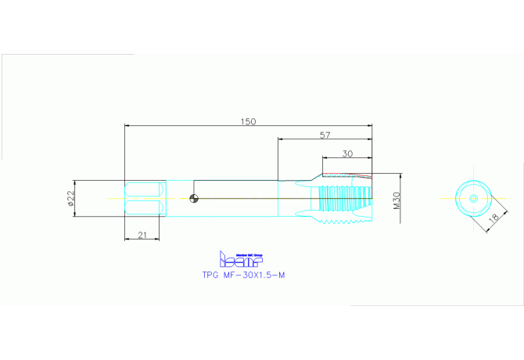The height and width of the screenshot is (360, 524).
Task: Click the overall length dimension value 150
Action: (x=248, y=121)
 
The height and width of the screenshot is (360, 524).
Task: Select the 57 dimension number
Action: (x=325, y=135)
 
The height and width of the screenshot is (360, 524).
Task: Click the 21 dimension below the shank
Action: (x=144, y=235)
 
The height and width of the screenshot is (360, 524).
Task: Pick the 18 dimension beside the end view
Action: (x=493, y=221)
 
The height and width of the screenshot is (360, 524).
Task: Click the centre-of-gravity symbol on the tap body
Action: (x=194, y=198)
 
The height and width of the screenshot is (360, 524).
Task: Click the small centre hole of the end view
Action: (x=473, y=199)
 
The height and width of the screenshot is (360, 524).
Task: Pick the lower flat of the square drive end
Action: (x=145, y=207)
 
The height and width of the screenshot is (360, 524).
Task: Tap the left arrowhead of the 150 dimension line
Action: (x=127, y=125)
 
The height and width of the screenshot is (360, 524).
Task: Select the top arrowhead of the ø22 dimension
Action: (x=75, y=182)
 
